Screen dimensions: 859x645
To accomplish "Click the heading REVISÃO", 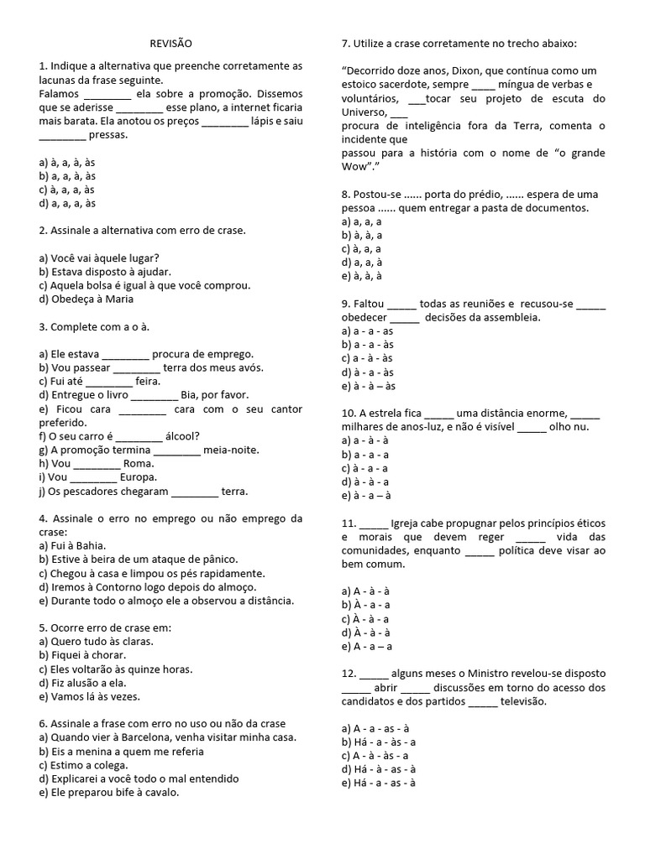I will tap(170, 43).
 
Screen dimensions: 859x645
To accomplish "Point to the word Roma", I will tap(137, 463).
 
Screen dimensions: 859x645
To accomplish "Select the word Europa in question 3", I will tap(139, 476).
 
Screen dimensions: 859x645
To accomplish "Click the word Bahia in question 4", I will tap(100, 545).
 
